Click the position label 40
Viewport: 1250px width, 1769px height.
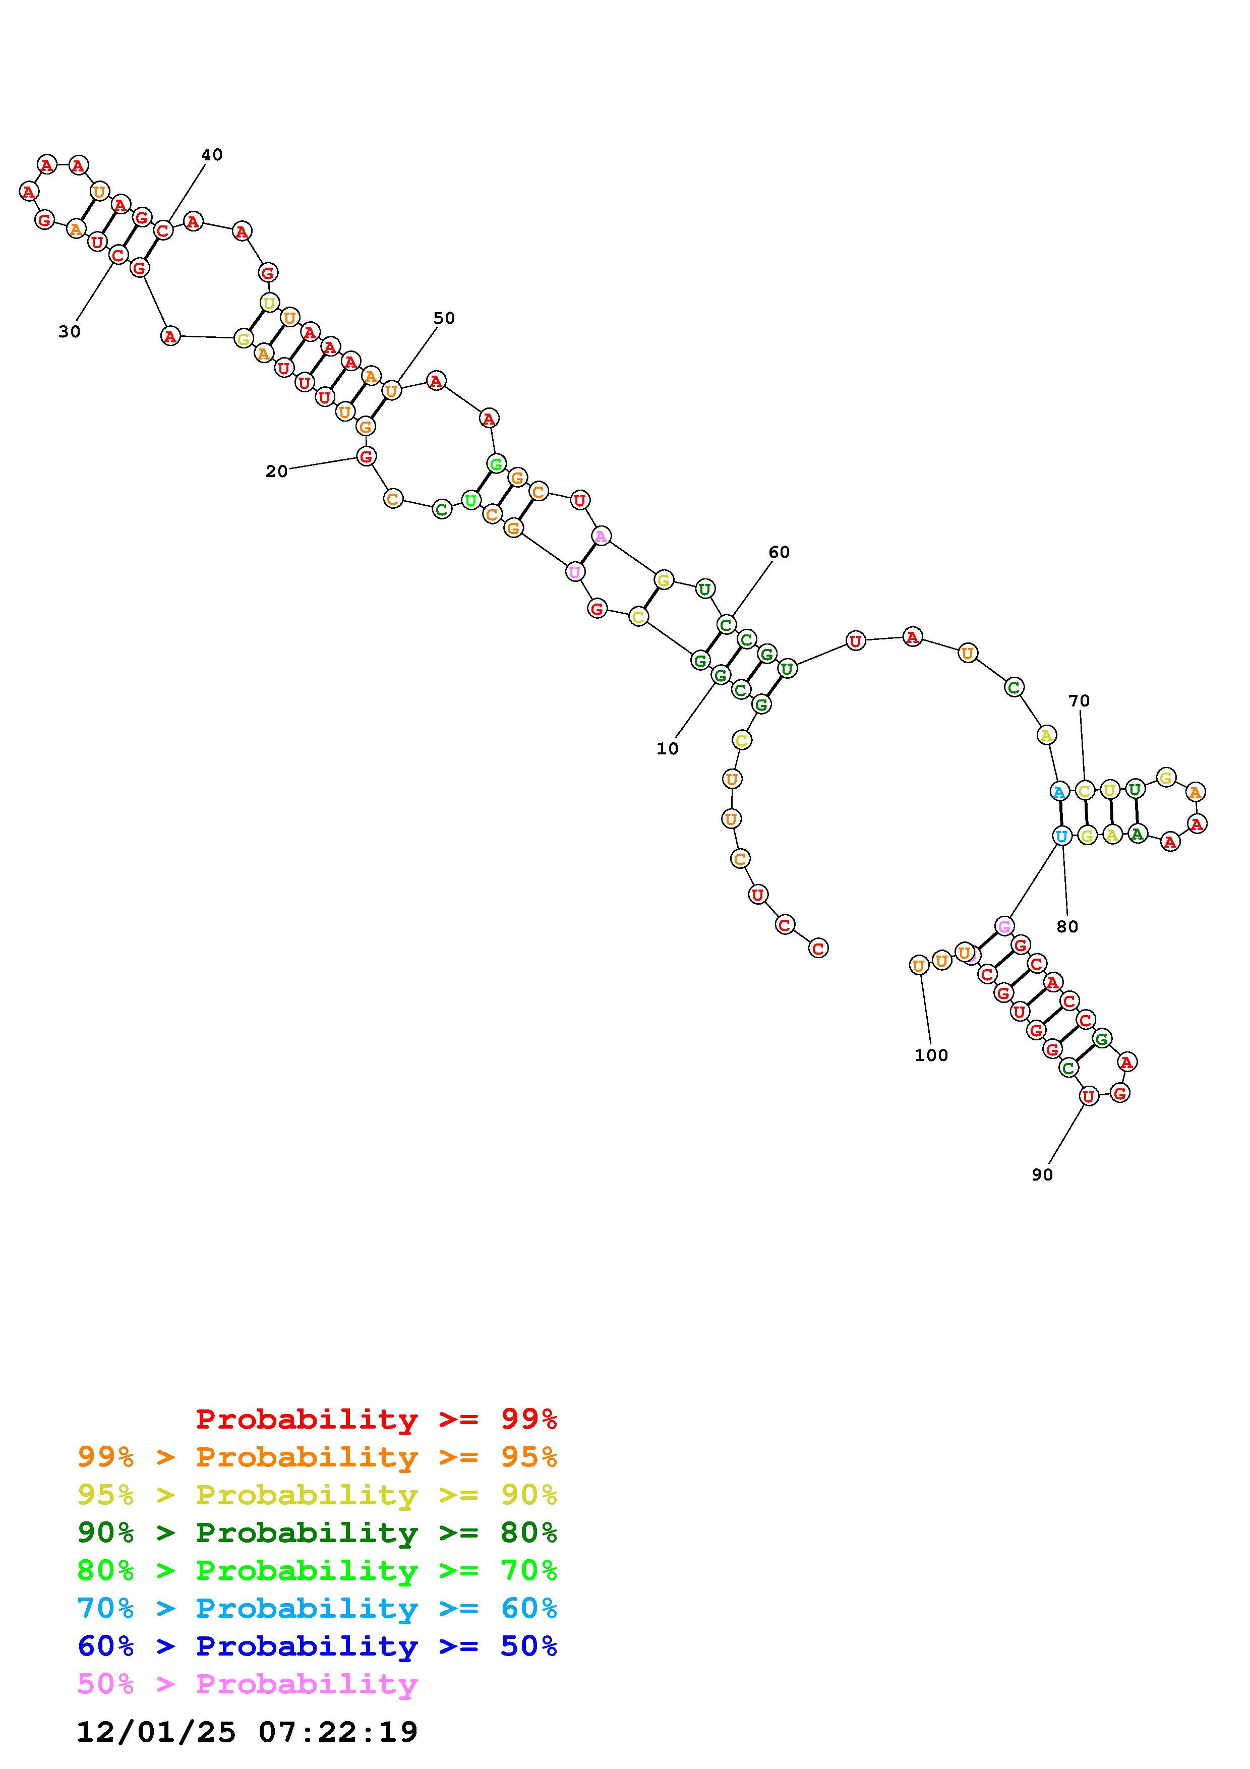coord(212,155)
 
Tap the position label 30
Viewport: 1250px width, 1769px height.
coord(69,332)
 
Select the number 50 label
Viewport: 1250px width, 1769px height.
coord(444,318)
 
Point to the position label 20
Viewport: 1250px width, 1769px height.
coord(276,471)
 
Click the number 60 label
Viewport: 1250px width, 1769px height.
coord(779,552)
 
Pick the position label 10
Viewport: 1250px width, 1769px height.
coord(667,749)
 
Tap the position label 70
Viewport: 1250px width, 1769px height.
coord(1079,701)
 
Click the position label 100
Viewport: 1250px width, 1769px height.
coord(931,1055)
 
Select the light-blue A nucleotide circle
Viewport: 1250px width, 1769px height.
coord(1059,791)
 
